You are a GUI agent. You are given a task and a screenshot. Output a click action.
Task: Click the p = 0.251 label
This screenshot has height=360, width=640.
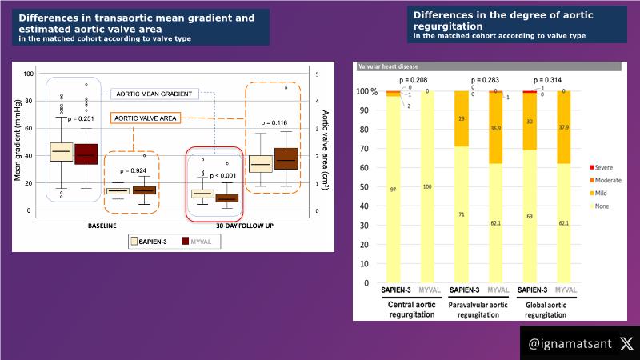tap(82, 118)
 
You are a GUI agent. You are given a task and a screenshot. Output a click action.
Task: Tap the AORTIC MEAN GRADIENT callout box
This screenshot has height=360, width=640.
tap(154, 94)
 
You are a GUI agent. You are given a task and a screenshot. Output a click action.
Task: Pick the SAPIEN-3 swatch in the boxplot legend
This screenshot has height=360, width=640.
tap(136, 240)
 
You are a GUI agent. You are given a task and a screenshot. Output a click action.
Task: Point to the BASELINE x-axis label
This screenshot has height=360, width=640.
tap(103, 226)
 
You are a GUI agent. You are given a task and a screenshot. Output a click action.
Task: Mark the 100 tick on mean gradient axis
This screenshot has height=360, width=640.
tap(29, 74)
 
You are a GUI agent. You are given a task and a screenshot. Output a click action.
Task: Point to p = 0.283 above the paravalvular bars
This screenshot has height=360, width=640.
tap(485, 81)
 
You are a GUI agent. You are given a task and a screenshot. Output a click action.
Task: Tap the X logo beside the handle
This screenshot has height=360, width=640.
tap(626, 343)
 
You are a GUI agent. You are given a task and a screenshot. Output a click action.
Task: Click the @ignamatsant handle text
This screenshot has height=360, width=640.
tap(569, 344)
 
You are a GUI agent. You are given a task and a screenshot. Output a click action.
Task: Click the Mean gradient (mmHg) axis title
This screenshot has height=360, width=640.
tap(18, 141)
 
